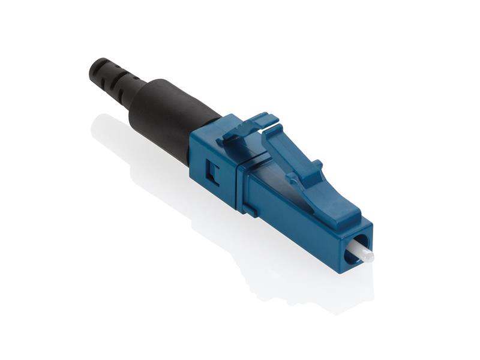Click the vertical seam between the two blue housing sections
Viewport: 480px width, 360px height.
point(238,186)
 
